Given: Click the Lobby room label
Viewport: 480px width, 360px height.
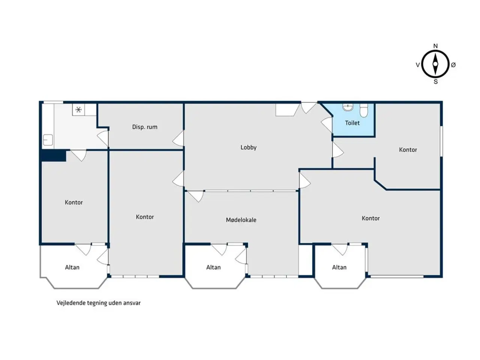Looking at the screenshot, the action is (248, 147).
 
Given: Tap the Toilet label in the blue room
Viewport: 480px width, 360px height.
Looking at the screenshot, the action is (352, 123).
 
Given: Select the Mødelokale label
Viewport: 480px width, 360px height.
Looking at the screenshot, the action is (241, 220).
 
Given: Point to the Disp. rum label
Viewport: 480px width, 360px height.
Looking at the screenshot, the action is (145, 127).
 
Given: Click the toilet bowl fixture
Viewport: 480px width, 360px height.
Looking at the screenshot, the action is (364, 111).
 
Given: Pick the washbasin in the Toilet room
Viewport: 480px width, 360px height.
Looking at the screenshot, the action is (348, 107).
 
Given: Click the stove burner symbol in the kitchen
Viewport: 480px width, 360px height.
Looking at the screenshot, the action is (78, 109).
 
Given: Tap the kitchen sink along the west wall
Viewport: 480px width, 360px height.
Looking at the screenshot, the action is (48, 140).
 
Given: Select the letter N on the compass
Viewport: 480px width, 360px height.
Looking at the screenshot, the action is (435, 46).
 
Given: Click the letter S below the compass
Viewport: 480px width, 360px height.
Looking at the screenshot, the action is (436, 82).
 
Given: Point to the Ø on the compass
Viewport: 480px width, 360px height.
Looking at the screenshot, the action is (453, 65).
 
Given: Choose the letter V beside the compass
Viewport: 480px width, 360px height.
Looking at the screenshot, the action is (418, 65).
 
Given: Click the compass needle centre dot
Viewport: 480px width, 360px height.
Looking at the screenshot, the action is (435, 64).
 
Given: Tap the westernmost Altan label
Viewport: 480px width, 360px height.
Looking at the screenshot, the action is (72, 267).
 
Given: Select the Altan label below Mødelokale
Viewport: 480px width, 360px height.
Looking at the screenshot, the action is (213, 267).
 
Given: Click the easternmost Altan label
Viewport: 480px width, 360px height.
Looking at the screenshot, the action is (339, 267).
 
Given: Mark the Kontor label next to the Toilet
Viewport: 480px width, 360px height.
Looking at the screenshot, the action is (408, 150).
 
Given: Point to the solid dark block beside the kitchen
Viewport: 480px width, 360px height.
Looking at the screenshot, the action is (54, 156).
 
